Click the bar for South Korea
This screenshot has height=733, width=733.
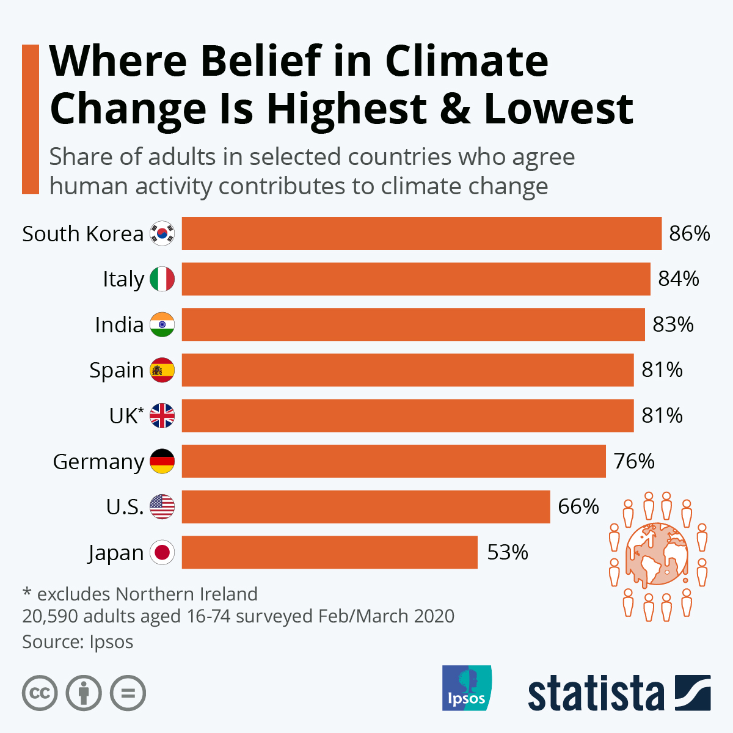tap(421, 233)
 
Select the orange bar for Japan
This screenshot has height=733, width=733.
tap(330, 552)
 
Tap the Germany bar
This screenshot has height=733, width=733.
tap(393, 461)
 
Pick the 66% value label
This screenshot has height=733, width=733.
tap(578, 506)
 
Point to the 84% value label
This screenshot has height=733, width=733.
tap(678, 279)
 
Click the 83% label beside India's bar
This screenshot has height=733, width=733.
tap(673, 324)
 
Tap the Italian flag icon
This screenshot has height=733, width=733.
tap(162, 279)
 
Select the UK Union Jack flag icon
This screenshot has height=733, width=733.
tap(162, 415)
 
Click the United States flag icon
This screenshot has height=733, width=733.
tap(162, 506)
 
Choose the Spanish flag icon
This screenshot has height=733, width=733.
tap(162, 370)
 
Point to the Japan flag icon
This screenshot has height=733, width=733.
tap(162, 552)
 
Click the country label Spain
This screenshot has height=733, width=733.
tap(116, 370)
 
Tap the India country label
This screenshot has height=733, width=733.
tap(119, 324)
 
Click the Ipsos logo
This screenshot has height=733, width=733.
tap(466, 688)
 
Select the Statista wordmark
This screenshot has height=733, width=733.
tap(596, 693)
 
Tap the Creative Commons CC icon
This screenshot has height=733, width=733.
tap(40, 693)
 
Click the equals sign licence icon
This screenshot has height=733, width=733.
tap(128, 693)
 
